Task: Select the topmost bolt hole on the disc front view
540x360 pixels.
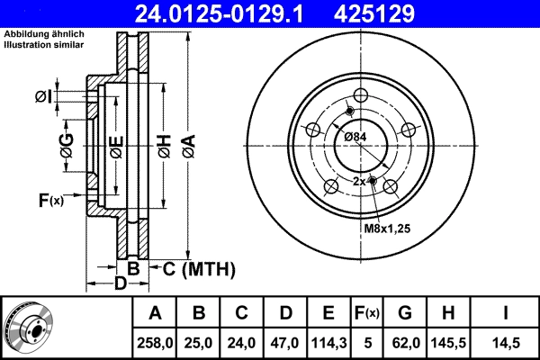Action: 362,97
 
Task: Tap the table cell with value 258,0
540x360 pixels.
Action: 156,342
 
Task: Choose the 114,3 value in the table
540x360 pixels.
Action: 329,342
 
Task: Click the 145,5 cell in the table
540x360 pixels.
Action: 449,342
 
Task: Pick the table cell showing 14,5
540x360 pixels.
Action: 507,342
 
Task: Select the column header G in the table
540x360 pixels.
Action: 405,313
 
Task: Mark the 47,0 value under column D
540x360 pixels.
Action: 285,342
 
